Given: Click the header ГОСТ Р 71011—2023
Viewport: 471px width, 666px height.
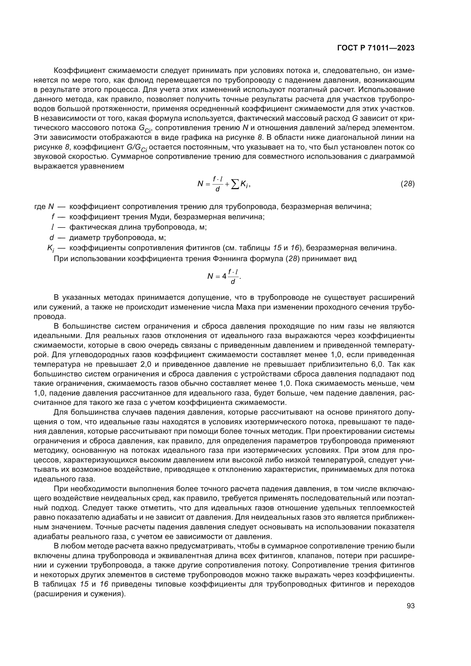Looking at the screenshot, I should [376, 48].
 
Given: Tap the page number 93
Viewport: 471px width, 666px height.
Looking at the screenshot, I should [410, 606].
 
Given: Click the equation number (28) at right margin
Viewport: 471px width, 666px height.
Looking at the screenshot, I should [407, 184].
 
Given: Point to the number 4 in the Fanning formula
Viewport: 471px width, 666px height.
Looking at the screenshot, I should [224, 276].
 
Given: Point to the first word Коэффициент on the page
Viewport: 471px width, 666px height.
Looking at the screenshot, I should [79, 71].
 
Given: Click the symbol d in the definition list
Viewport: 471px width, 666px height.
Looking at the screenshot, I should [52, 237].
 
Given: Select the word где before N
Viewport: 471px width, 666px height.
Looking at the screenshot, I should [40, 206].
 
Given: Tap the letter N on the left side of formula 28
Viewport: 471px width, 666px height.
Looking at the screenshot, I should [200, 184].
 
